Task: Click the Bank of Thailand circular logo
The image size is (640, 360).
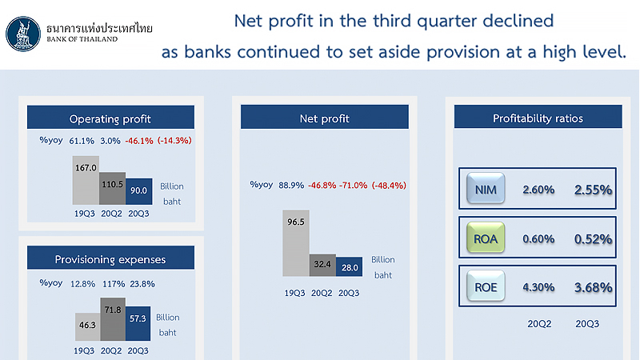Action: coord(23,34)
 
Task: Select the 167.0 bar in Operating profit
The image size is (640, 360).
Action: coord(86,180)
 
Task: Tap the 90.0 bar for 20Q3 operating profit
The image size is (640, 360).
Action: coord(138,191)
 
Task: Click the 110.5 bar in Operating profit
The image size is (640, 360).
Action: coord(112,188)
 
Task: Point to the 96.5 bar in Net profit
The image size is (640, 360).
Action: coord(296,243)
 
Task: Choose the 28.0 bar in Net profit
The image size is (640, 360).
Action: coord(349,266)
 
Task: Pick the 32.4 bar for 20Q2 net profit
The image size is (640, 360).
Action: coord(322,266)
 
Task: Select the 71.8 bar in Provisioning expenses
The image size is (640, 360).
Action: coord(113,318)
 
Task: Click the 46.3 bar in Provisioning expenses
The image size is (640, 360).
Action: coord(88,326)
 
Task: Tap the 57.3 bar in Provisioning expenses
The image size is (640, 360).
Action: coord(138,323)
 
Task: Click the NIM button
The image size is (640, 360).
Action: coord(486,189)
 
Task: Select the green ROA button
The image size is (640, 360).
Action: coord(486,238)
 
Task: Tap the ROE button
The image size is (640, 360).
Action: coord(486,286)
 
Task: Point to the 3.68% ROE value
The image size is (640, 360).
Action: coord(593,287)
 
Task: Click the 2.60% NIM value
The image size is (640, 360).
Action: coord(538,190)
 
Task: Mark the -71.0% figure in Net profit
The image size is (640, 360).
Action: coord(353,186)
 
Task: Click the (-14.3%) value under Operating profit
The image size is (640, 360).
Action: coord(174,141)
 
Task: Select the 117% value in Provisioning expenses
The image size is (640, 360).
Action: coord(114,284)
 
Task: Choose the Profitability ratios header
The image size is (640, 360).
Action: coord(538,117)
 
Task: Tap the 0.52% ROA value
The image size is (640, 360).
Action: coord(593,238)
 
